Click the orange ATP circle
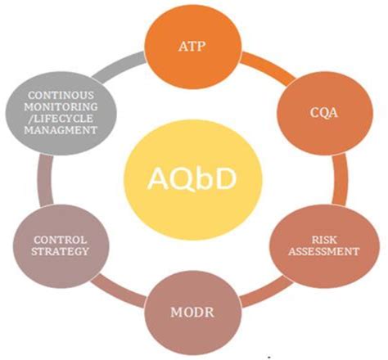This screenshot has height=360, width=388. point(194,47)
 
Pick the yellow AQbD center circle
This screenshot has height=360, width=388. point(194,179)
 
